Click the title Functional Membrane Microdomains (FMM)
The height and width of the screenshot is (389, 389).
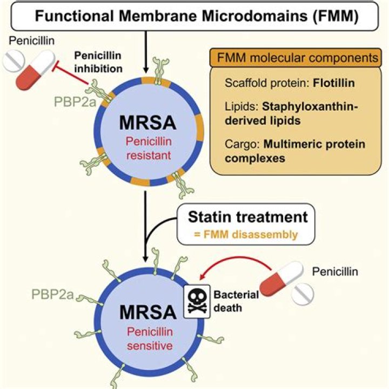click(x=194, y=15)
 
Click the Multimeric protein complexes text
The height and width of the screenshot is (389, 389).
click(x=294, y=151)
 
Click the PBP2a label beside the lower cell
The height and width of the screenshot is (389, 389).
click(x=53, y=295)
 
